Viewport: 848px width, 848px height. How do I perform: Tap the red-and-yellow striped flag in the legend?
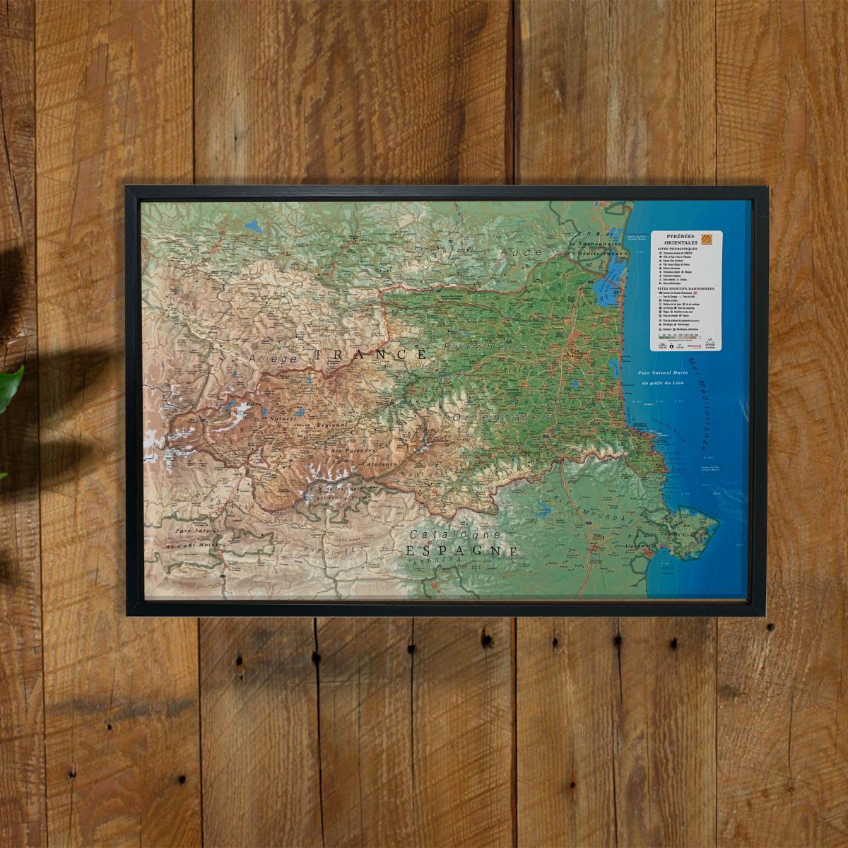pyautogui.click(x=712, y=240)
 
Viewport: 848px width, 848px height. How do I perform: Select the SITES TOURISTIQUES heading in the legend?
pyautogui.click(x=680, y=249)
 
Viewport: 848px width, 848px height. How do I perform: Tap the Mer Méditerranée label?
pyautogui.click(x=707, y=406)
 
